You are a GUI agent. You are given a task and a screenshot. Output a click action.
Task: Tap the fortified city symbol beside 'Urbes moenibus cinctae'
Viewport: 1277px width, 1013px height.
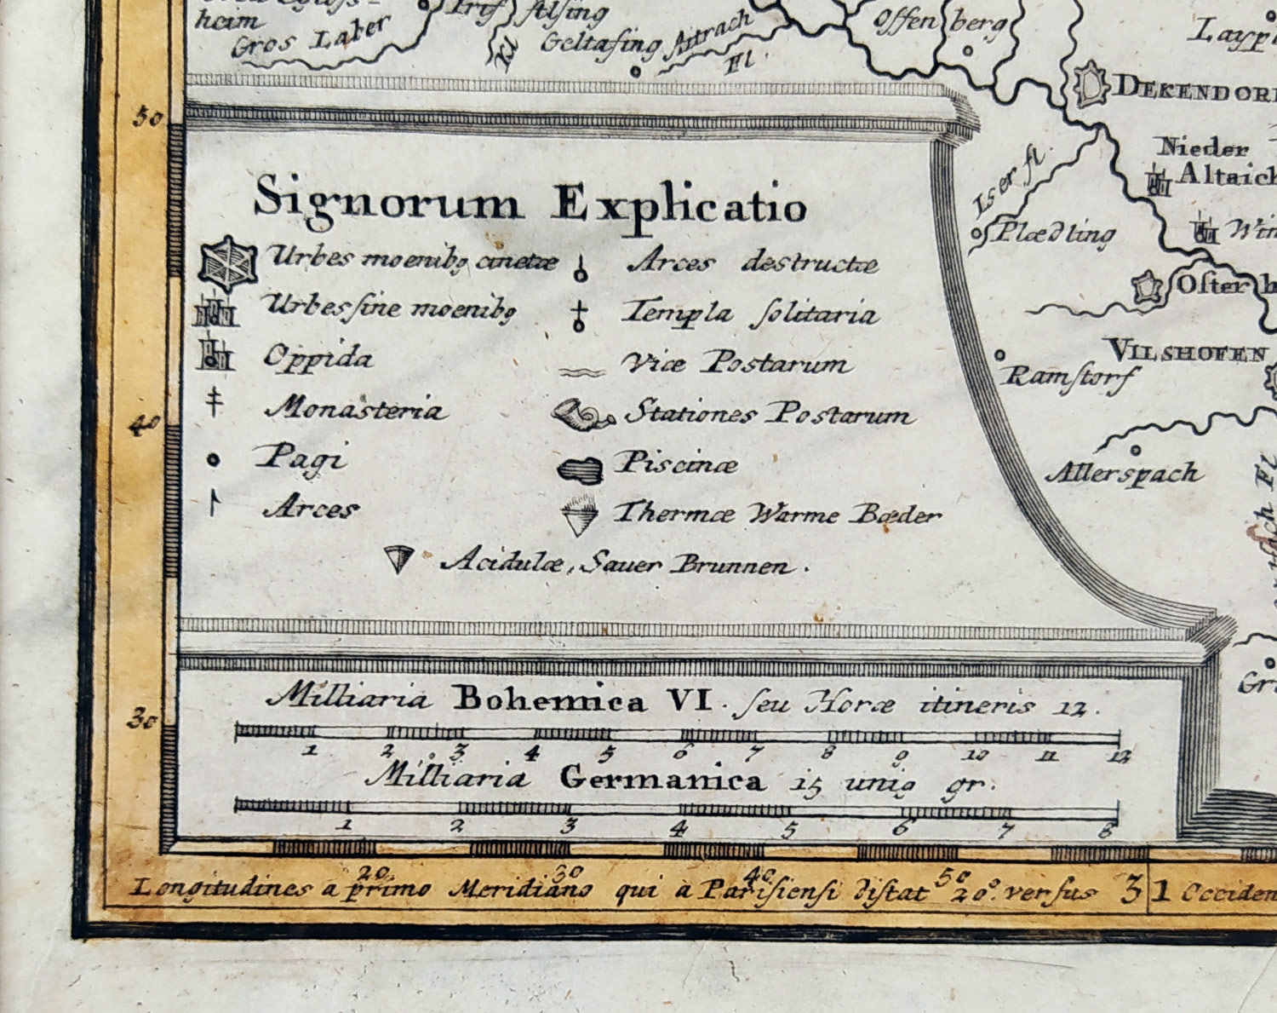coord(227,263)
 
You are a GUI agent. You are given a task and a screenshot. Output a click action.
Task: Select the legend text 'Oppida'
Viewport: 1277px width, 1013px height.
coord(318,356)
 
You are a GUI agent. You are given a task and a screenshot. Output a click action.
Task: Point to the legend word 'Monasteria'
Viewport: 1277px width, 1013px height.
coord(355,410)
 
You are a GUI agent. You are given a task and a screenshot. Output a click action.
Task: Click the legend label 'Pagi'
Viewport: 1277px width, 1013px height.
coord(302,458)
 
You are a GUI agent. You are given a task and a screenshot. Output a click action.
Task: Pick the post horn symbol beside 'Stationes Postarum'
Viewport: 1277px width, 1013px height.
coord(583,416)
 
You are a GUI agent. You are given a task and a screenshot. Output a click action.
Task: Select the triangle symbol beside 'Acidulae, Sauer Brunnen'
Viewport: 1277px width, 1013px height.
coord(398,559)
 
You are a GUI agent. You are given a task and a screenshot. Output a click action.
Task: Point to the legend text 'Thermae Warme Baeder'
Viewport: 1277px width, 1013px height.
coord(776,514)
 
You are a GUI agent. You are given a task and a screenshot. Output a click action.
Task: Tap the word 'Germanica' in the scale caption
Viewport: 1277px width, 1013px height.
coord(661,780)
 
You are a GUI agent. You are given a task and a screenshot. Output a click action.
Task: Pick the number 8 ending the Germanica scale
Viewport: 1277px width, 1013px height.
coord(1106,829)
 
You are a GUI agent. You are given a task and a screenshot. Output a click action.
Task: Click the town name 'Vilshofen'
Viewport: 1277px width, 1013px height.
coord(1185,351)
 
